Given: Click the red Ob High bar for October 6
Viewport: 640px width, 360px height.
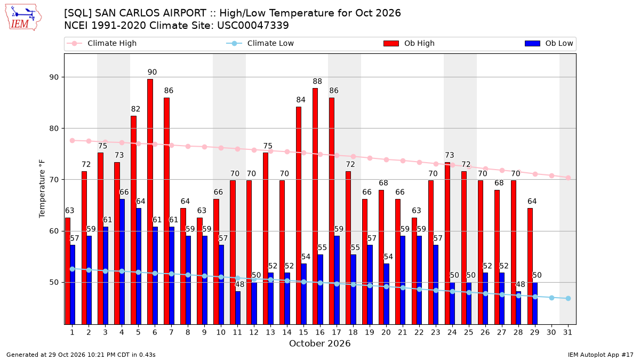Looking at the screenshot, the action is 150,202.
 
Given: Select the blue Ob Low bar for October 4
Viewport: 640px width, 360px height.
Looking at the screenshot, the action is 122,262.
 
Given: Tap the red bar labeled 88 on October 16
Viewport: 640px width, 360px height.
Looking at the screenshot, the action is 315,206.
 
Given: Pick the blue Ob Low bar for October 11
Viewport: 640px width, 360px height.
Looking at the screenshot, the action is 238,308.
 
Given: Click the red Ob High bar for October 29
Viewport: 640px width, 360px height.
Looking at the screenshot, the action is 530,266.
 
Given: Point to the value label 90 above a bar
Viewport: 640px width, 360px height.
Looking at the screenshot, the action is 153,72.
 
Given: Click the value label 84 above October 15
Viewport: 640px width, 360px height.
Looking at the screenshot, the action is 301,100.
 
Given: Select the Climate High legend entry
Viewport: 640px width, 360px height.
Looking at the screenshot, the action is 102,43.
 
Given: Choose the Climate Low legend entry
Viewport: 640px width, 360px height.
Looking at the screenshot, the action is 260,43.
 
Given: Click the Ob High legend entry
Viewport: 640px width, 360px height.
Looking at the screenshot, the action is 409,43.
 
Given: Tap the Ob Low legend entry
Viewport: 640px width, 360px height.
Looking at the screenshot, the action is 549,43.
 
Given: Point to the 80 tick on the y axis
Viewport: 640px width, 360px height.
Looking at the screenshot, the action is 54,129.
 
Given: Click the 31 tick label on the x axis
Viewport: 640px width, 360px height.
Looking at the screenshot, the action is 567,332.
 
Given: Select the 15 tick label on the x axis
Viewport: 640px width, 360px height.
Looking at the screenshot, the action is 303,332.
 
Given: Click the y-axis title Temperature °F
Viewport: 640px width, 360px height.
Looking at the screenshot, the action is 42,189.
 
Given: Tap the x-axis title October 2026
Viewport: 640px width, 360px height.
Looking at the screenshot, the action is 319,343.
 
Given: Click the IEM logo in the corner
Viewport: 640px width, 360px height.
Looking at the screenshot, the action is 23,18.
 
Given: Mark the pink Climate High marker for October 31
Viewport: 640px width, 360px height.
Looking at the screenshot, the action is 569,178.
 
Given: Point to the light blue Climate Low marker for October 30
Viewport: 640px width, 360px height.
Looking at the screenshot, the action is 551,298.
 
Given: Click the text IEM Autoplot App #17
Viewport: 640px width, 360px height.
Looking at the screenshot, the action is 601,355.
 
